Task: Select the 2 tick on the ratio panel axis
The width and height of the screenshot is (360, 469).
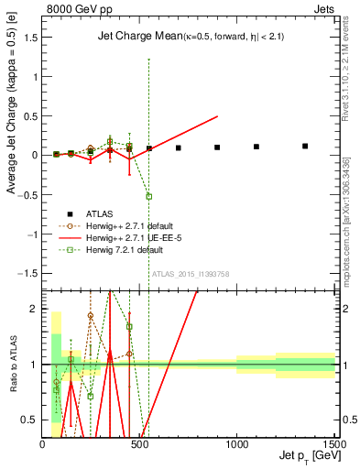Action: click(x=35, y=309)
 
